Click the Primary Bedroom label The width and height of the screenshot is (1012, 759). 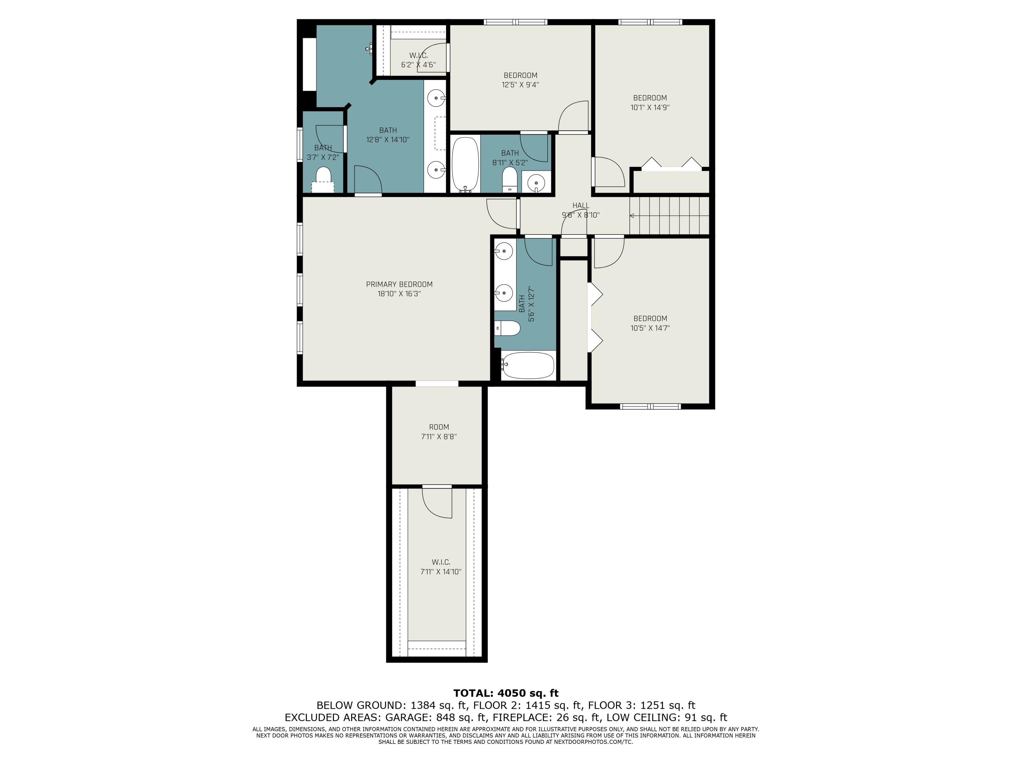[x=399, y=284]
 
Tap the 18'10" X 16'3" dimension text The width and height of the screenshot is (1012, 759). [x=399, y=294]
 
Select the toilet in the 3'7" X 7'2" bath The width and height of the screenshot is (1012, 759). [x=324, y=176]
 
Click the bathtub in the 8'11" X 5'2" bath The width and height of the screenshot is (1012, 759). [x=465, y=165]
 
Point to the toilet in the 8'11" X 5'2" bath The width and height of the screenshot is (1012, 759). [x=510, y=180]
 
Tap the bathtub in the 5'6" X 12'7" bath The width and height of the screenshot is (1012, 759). [x=528, y=365]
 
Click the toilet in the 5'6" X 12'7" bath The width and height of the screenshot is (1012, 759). [x=507, y=328]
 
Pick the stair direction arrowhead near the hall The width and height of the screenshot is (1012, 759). [x=632, y=216]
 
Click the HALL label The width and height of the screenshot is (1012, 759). [x=581, y=205]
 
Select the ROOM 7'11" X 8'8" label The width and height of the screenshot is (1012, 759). [x=439, y=431]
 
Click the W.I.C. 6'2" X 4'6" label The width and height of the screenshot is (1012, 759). [x=419, y=60]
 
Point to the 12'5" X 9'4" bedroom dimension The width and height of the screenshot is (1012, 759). [x=520, y=85]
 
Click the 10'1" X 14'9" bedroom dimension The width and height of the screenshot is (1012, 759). [x=650, y=108]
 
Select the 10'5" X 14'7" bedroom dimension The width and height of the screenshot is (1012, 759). [x=650, y=328]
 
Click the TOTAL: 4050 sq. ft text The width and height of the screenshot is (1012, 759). [x=506, y=693]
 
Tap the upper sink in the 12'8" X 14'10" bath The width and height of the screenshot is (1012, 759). [x=437, y=98]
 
